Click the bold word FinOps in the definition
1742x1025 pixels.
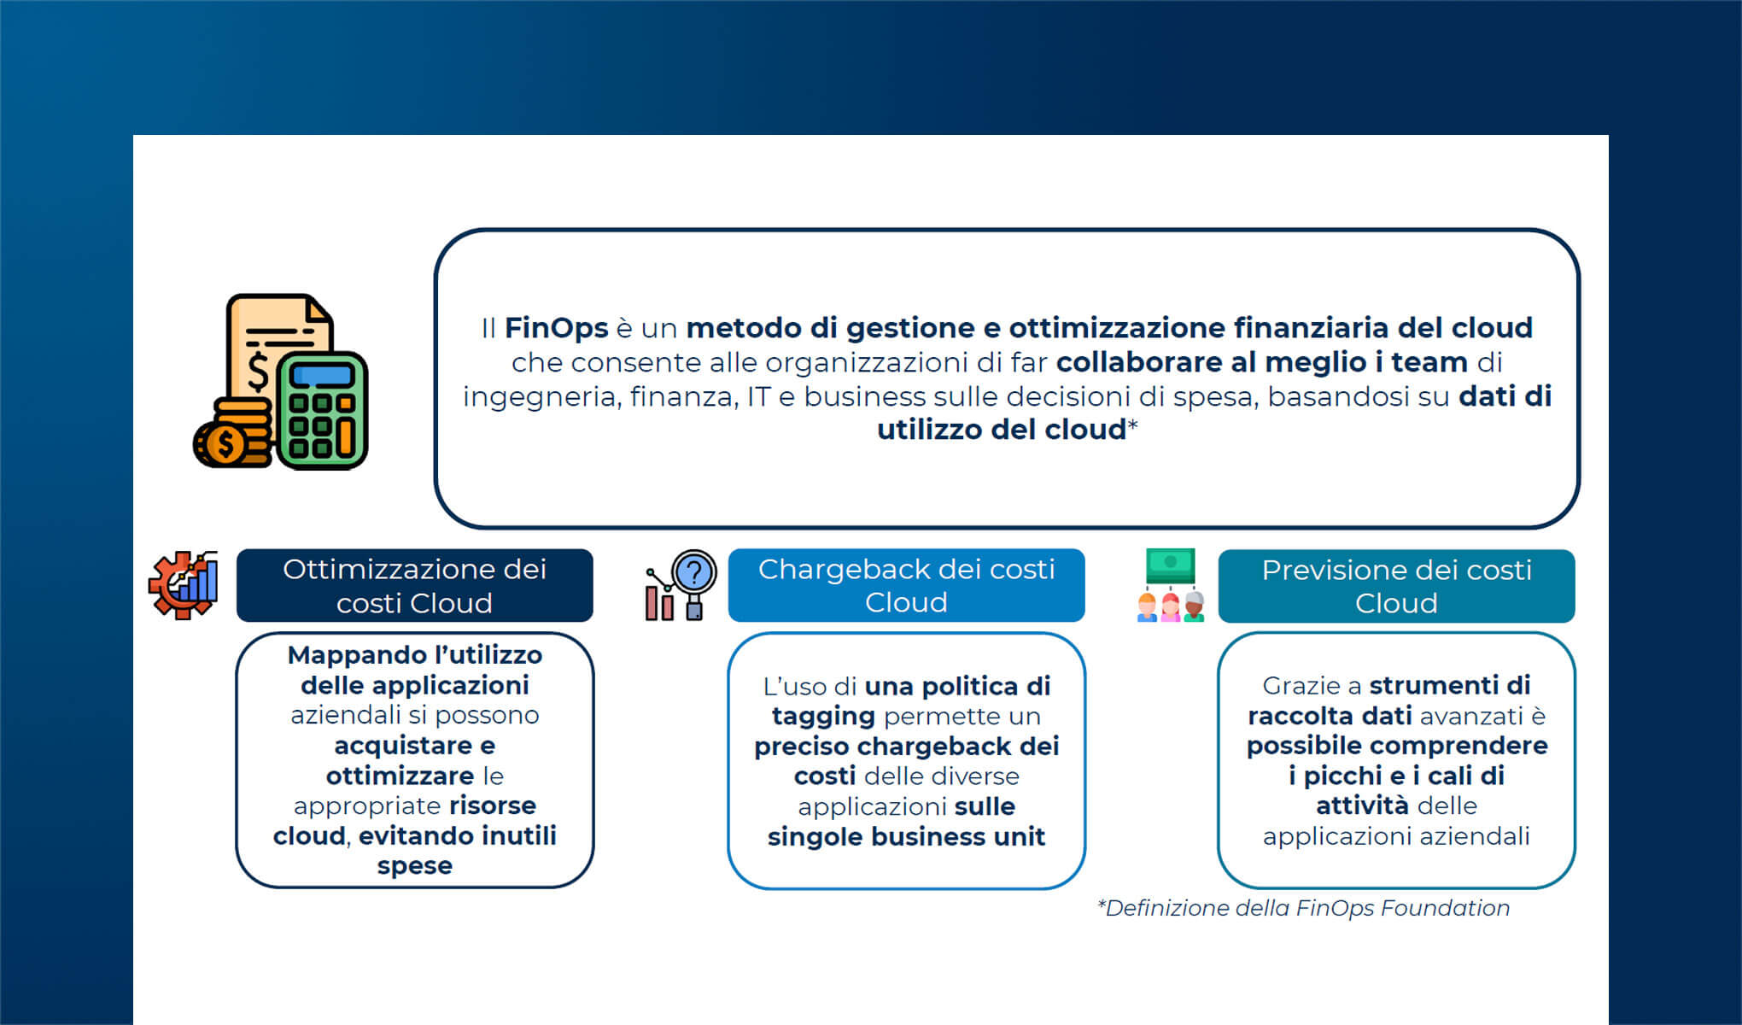coord(556,328)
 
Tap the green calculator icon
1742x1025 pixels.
coord(322,412)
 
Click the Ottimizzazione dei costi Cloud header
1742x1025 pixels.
coord(414,586)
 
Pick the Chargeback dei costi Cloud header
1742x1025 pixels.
coord(906,586)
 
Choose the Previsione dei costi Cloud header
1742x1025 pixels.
coord(1396,587)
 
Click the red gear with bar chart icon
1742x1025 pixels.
coord(183,586)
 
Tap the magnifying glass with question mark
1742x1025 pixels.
coord(693,572)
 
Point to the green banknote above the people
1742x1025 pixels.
coord(1170,564)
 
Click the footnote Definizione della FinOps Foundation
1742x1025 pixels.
coord(1304,908)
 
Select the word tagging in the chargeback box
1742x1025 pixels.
coord(823,716)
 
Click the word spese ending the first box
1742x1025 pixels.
coord(414,865)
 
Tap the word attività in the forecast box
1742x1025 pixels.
coord(1362,805)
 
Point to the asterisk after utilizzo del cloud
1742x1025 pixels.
coord(1133,426)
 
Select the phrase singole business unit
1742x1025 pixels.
coord(906,836)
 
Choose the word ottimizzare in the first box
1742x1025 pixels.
coord(400,776)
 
